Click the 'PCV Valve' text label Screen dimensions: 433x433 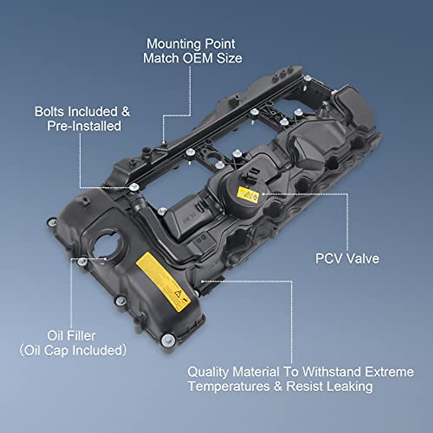347,258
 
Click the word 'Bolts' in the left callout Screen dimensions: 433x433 50,111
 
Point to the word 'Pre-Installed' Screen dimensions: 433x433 84,126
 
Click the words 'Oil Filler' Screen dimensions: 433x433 71,336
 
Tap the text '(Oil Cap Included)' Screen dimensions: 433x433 73,350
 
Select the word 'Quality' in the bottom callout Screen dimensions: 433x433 208,372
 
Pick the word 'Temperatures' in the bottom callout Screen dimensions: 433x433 229,386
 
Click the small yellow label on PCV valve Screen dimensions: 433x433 248,195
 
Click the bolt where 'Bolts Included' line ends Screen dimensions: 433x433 134,187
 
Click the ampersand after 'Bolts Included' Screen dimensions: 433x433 126,111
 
